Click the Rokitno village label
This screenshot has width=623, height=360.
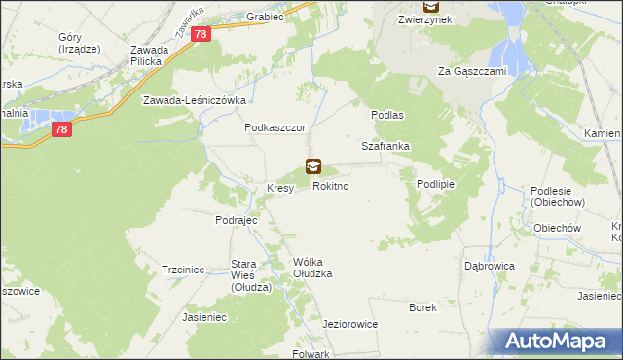[330, 185]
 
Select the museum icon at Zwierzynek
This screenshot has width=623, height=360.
[430, 5]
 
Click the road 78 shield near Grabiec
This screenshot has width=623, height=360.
[202, 34]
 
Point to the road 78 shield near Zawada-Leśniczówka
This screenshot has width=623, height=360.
[60, 129]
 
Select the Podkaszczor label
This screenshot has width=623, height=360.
[275, 127]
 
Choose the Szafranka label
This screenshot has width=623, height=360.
[385, 146]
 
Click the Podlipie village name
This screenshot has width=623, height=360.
[436, 184]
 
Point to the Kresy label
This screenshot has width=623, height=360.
[280, 188]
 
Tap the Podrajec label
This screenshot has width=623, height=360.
[236, 220]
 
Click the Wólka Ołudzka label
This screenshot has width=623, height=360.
[312, 268]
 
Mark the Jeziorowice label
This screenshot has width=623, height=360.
[349, 324]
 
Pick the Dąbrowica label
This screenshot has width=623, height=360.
[489, 265]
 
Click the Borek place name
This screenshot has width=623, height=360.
[423, 306]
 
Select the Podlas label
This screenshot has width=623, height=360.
[386, 114]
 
